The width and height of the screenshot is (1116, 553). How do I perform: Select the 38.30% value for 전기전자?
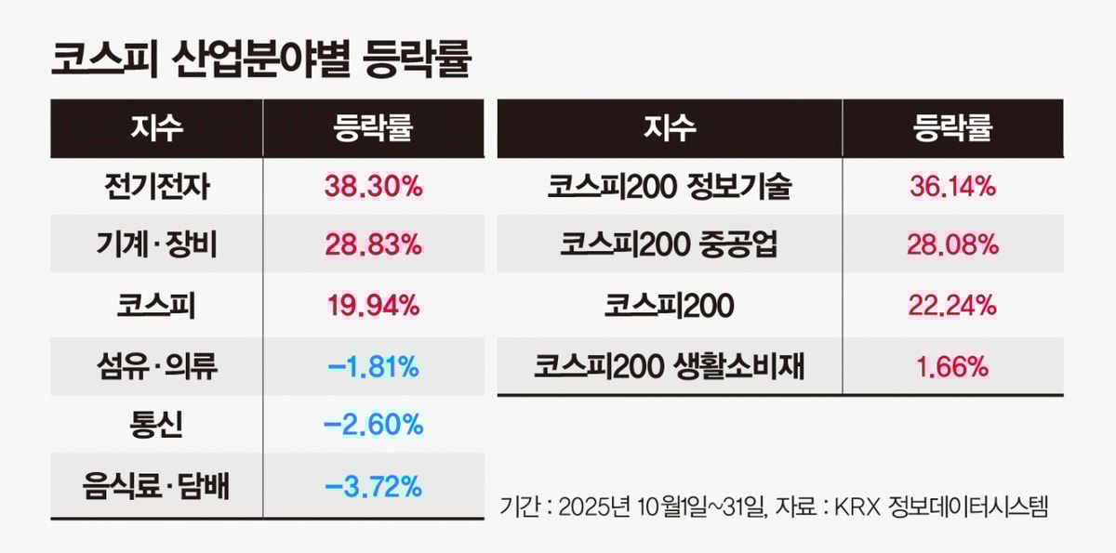[373, 187]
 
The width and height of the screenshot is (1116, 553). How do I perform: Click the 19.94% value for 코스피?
[373, 306]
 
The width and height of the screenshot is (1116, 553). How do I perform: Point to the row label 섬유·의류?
[157, 366]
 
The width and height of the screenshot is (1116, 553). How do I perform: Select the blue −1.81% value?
[373, 366]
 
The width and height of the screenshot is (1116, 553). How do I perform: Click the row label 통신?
[157, 426]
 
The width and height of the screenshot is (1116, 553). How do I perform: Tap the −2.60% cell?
[373, 426]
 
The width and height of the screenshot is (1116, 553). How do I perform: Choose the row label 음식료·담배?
[157, 485]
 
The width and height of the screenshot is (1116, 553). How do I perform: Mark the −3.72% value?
[373, 485]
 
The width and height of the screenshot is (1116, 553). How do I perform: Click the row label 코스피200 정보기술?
[670, 187]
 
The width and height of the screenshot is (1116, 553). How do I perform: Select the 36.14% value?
[952, 187]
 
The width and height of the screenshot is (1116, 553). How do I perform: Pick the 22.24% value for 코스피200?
[952, 306]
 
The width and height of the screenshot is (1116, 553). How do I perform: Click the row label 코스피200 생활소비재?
[670, 366]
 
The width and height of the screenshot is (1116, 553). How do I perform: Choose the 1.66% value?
[952, 366]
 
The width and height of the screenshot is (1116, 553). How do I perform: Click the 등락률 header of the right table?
[952, 128]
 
